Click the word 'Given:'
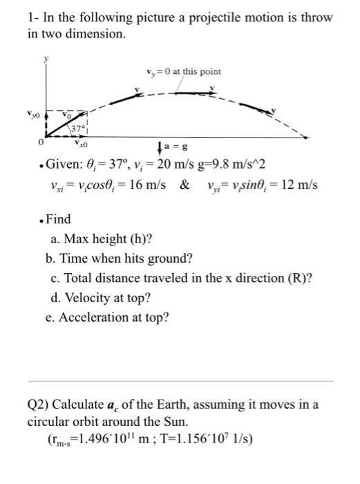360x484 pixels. [x=62, y=167]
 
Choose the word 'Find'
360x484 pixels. [x=59, y=218]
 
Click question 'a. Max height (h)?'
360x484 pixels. [x=102, y=239]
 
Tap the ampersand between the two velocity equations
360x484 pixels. [x=186, y=186]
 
